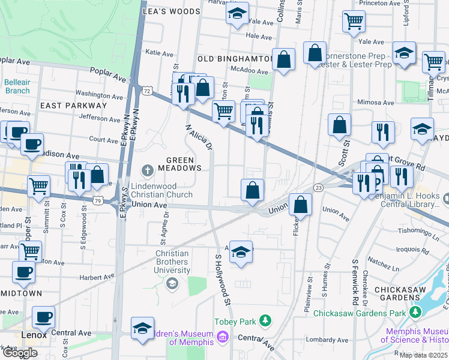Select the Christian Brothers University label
tap(172, 262)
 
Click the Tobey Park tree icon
tap(265, 322)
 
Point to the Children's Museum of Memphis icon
tap(223, 338)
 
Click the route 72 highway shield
tap(146, 90)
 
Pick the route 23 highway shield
tap(318, 188)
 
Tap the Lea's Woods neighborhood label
tap(171, 11)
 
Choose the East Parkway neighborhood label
tap(73, 106)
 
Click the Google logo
tap(20, 353)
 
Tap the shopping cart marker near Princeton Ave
tap(354, 22)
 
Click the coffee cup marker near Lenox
tap(43, 317)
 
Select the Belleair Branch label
tap(17, 86)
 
